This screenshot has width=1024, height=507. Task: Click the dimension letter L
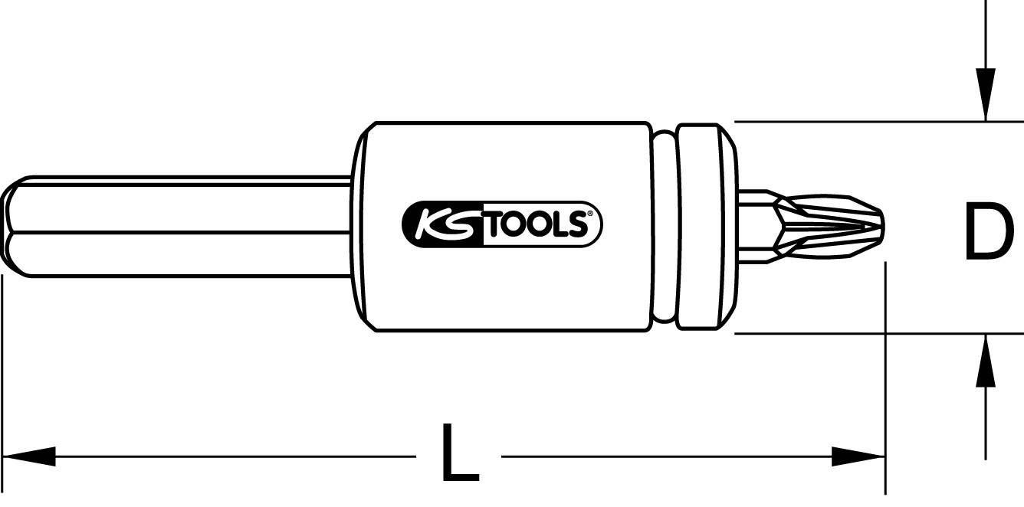(x=460, y=453)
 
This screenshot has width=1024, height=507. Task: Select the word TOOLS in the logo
(x=534, y=227)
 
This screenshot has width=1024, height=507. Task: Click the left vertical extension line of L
(x=2, y=368)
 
